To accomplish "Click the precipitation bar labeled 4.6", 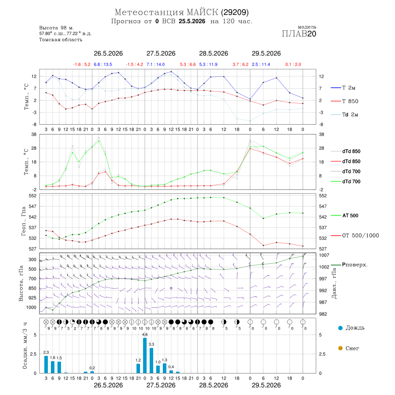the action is tap(145, 355).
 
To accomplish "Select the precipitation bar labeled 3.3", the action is tap(151, 360).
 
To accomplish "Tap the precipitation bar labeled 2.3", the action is tap(46, 364).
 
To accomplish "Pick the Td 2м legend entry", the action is tap(345, 115).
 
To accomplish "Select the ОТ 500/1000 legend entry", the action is tap(355, 236).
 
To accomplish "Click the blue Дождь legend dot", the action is tap(340, 328).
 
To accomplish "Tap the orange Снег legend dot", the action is tap(340, 348).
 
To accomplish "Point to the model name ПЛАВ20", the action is tap(299, 34).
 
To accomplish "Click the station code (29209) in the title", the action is tap(235, 12).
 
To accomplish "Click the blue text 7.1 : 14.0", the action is tap(156, 65).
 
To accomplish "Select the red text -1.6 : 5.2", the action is tap(82, 65).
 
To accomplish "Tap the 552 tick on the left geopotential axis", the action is tap(33, 196).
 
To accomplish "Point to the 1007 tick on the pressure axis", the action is tap(324, 255).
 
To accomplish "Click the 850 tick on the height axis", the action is tap(32, 288).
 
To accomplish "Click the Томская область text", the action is tap(61, 40).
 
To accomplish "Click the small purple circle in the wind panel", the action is tap(171, 288).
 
